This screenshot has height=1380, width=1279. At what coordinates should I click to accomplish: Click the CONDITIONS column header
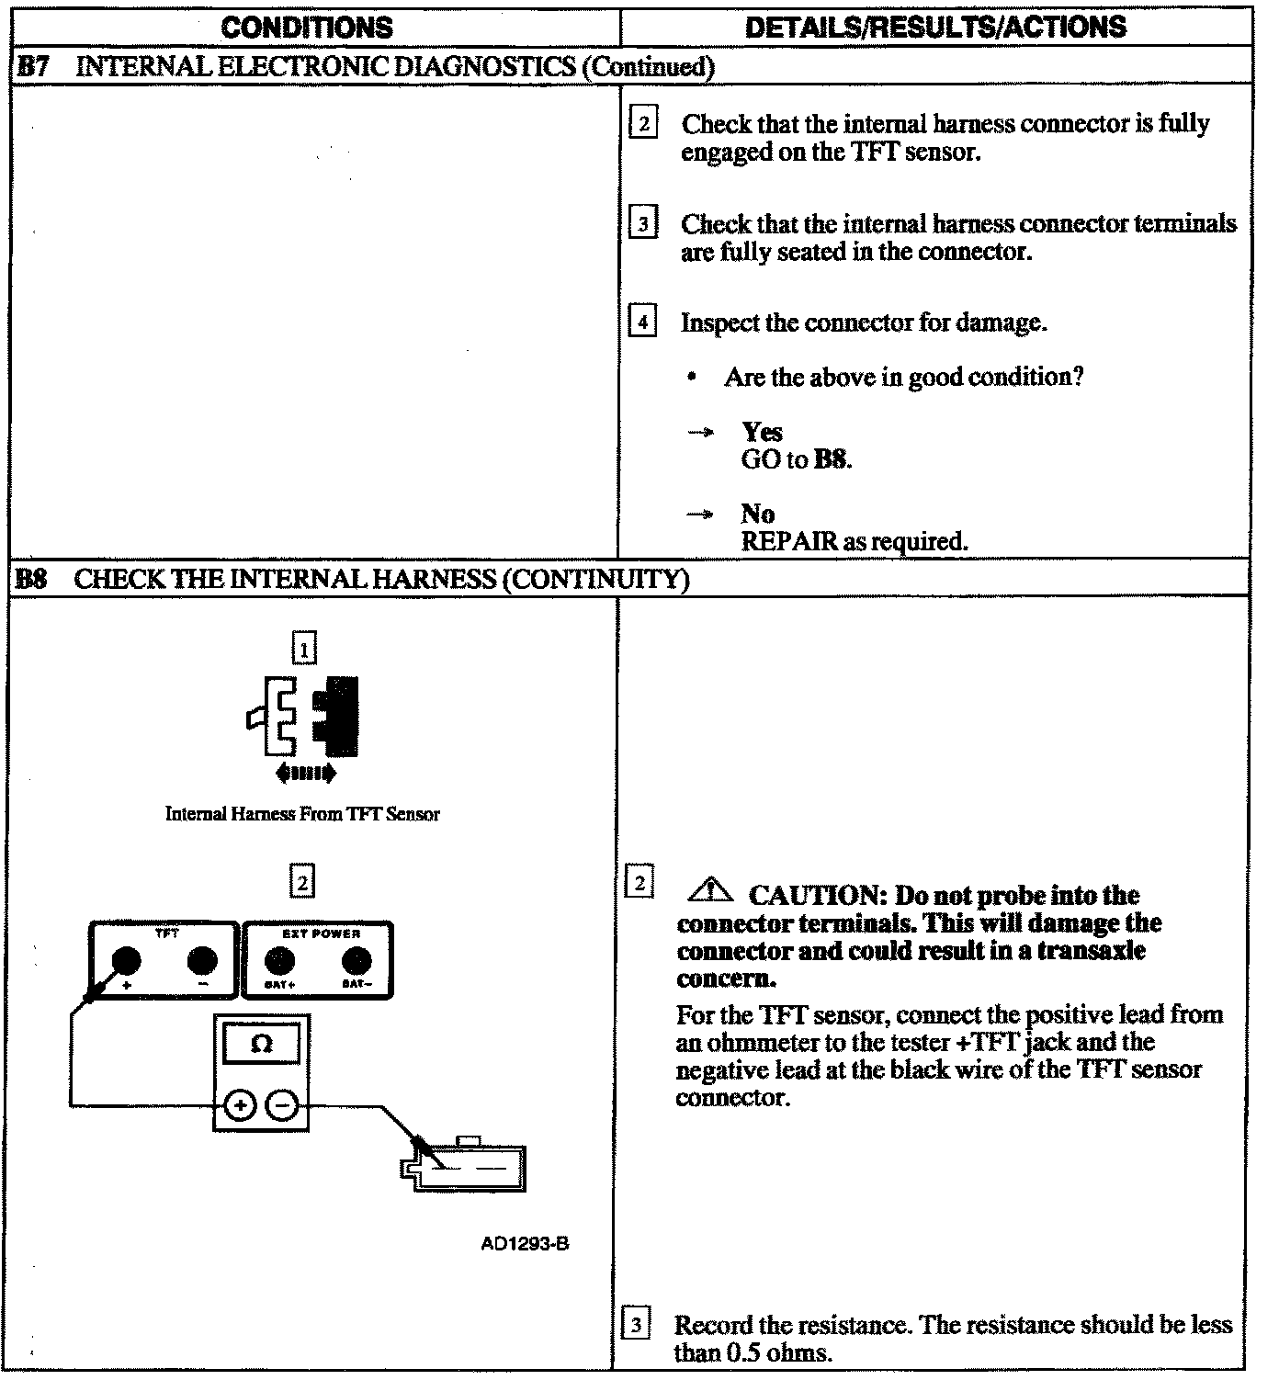(x=307, y=28)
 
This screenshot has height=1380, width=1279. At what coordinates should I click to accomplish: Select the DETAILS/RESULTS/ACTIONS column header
(x=935, y=28)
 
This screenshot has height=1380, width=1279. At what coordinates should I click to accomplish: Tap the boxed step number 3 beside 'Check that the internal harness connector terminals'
(x=643, y=223)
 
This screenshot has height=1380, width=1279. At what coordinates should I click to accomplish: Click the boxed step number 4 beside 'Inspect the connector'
(x=643, y=322)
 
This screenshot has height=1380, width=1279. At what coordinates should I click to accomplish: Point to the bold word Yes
(x=762, y=432)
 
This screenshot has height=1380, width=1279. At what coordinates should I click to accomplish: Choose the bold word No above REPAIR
(x=757, y=514)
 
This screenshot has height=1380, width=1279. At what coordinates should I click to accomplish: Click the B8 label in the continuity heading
(x=32, y=579)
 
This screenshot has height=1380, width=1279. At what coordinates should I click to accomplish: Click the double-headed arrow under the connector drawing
(x=306, y=774)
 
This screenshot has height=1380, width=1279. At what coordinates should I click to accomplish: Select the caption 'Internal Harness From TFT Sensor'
(x=302, y=814)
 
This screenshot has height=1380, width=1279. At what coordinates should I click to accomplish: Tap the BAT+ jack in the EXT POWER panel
(x=279, y=961)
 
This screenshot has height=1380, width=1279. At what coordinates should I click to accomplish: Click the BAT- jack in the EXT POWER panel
(x=356, y=961)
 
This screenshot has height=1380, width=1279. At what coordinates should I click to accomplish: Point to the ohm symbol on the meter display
(x=261, y=1045)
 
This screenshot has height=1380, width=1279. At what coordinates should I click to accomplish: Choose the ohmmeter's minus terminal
(x=282, y=1104)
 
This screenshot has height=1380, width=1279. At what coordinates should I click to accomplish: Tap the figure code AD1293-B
(x=525, y=1245)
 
